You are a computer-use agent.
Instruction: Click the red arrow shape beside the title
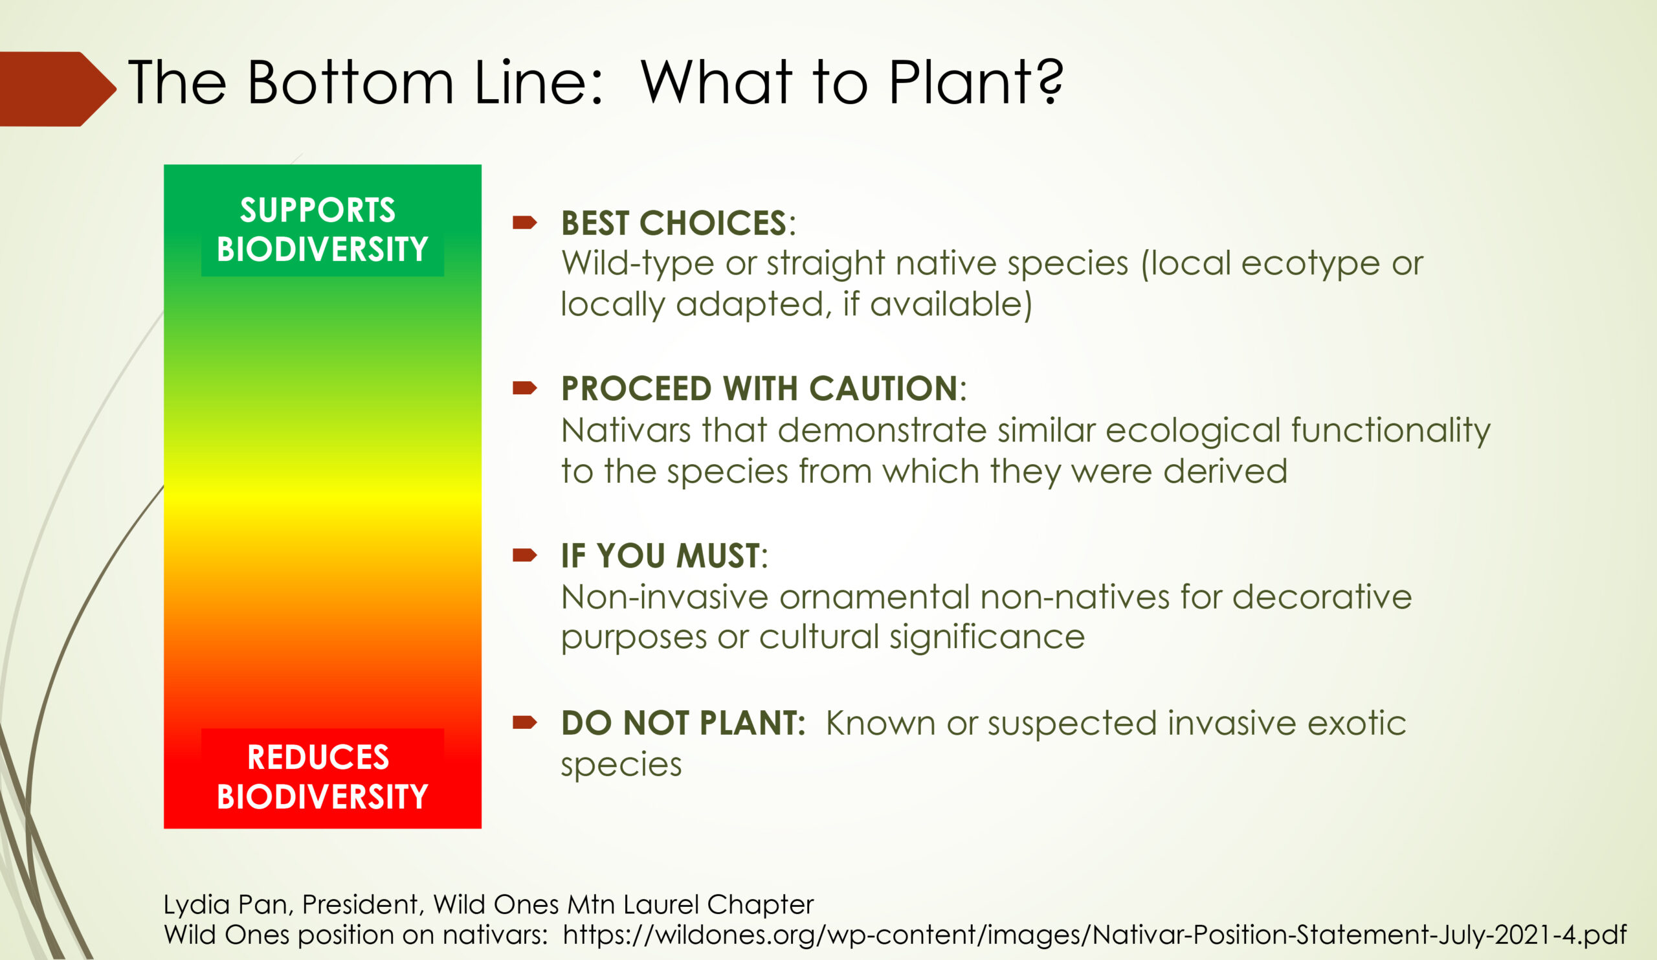(56, 89)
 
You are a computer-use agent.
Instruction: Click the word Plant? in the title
(976, 82)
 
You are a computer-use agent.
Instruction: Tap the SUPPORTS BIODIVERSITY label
(322, 229)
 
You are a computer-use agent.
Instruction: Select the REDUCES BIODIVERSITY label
(322, 777)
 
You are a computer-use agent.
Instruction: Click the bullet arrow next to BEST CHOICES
(525, 222)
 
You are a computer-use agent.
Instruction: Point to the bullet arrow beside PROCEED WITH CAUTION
(525, 388)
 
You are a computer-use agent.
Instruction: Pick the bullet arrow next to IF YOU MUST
(525, 555)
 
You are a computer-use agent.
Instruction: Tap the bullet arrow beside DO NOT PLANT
(525, 722)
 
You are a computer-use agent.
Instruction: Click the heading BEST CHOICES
(673, 223)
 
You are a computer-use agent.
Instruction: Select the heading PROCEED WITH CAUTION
(759, 388)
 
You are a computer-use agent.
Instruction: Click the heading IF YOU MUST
(660, 556)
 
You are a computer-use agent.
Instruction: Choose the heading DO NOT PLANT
(683, 723)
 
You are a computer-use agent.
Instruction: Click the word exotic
(1356, 724)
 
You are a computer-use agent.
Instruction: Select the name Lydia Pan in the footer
(225, 905)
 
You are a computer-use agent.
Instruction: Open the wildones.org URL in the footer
(1095, 935)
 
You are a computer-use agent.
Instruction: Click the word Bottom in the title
(350, 83)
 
